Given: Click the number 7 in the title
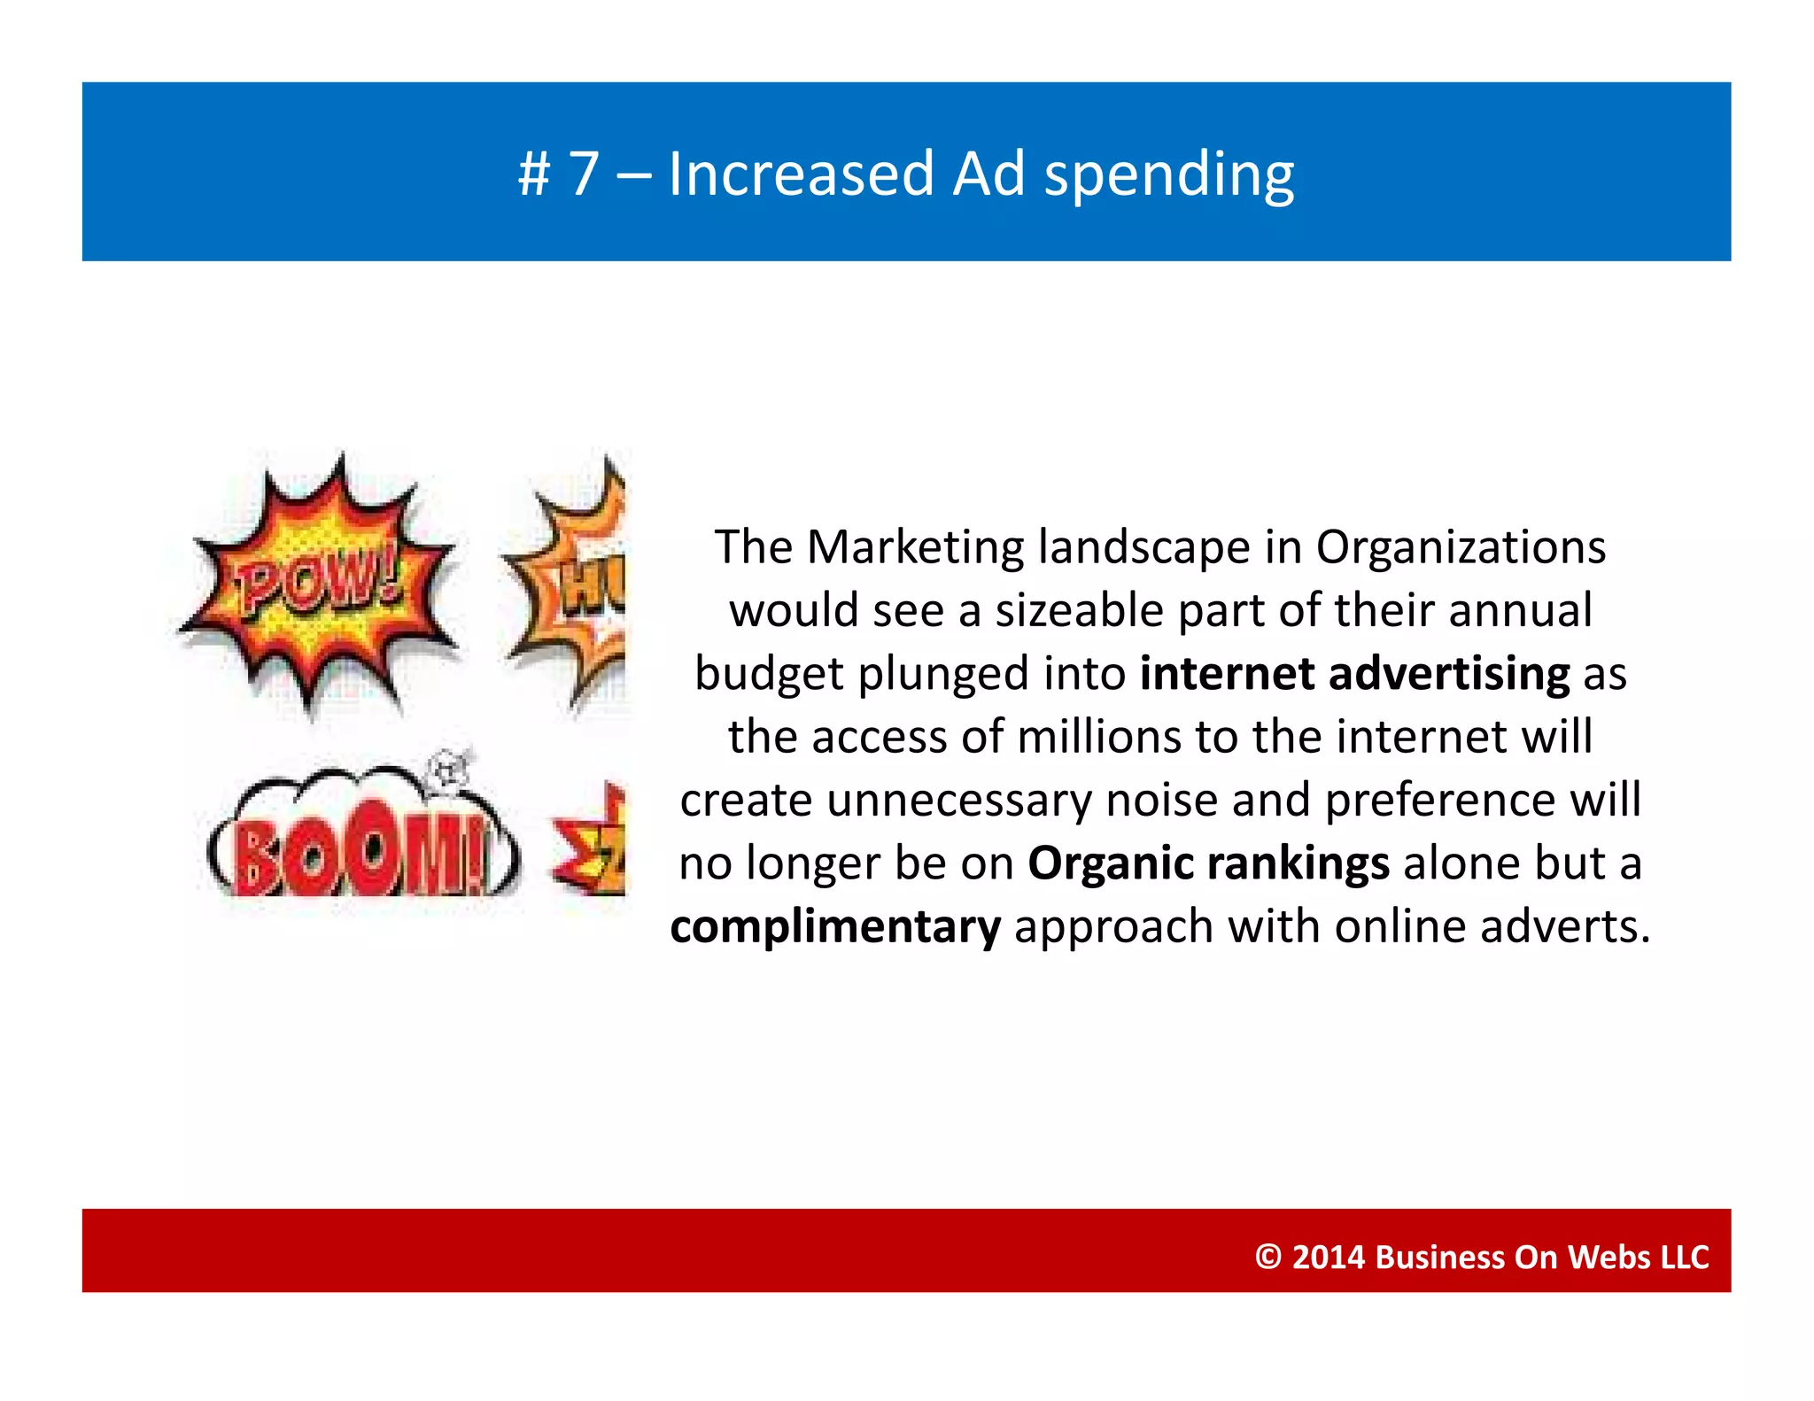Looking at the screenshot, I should pyautogui.click(x=585, y=174).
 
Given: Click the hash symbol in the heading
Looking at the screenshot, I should pyautogui.click(x=534, y=174).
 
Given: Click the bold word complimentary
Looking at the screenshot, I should pyautogui.click(x=835, y=927).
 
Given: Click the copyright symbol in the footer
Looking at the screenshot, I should pyautogui.click(x=1267, y=1257).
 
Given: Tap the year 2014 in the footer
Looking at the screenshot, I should pyautogui.click(x=1328, y=1257).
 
